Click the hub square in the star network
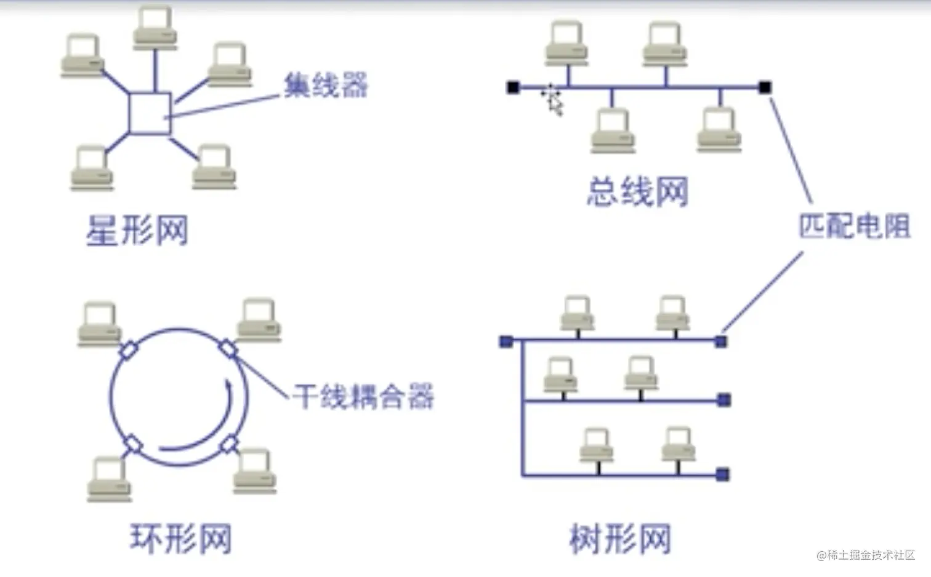(x=150, y=113)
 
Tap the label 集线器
(x=326, y=85)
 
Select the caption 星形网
(x=137, y=231)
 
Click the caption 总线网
(x=637, y=191)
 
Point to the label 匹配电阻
(x=854, y=226)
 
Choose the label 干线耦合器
(x=363, y=397)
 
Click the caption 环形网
(x=180, y=538)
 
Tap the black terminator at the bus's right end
(x=764, y=87)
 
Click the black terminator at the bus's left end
(x=512, y=87)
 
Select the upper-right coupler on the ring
(x=228, y=349)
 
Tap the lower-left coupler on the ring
(x=132, y=444)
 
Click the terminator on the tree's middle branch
(x=724, y=400)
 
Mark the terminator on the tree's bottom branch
(x=723, y=474)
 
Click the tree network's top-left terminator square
(x=506, y=341)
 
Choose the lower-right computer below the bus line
(x=719, y=129)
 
